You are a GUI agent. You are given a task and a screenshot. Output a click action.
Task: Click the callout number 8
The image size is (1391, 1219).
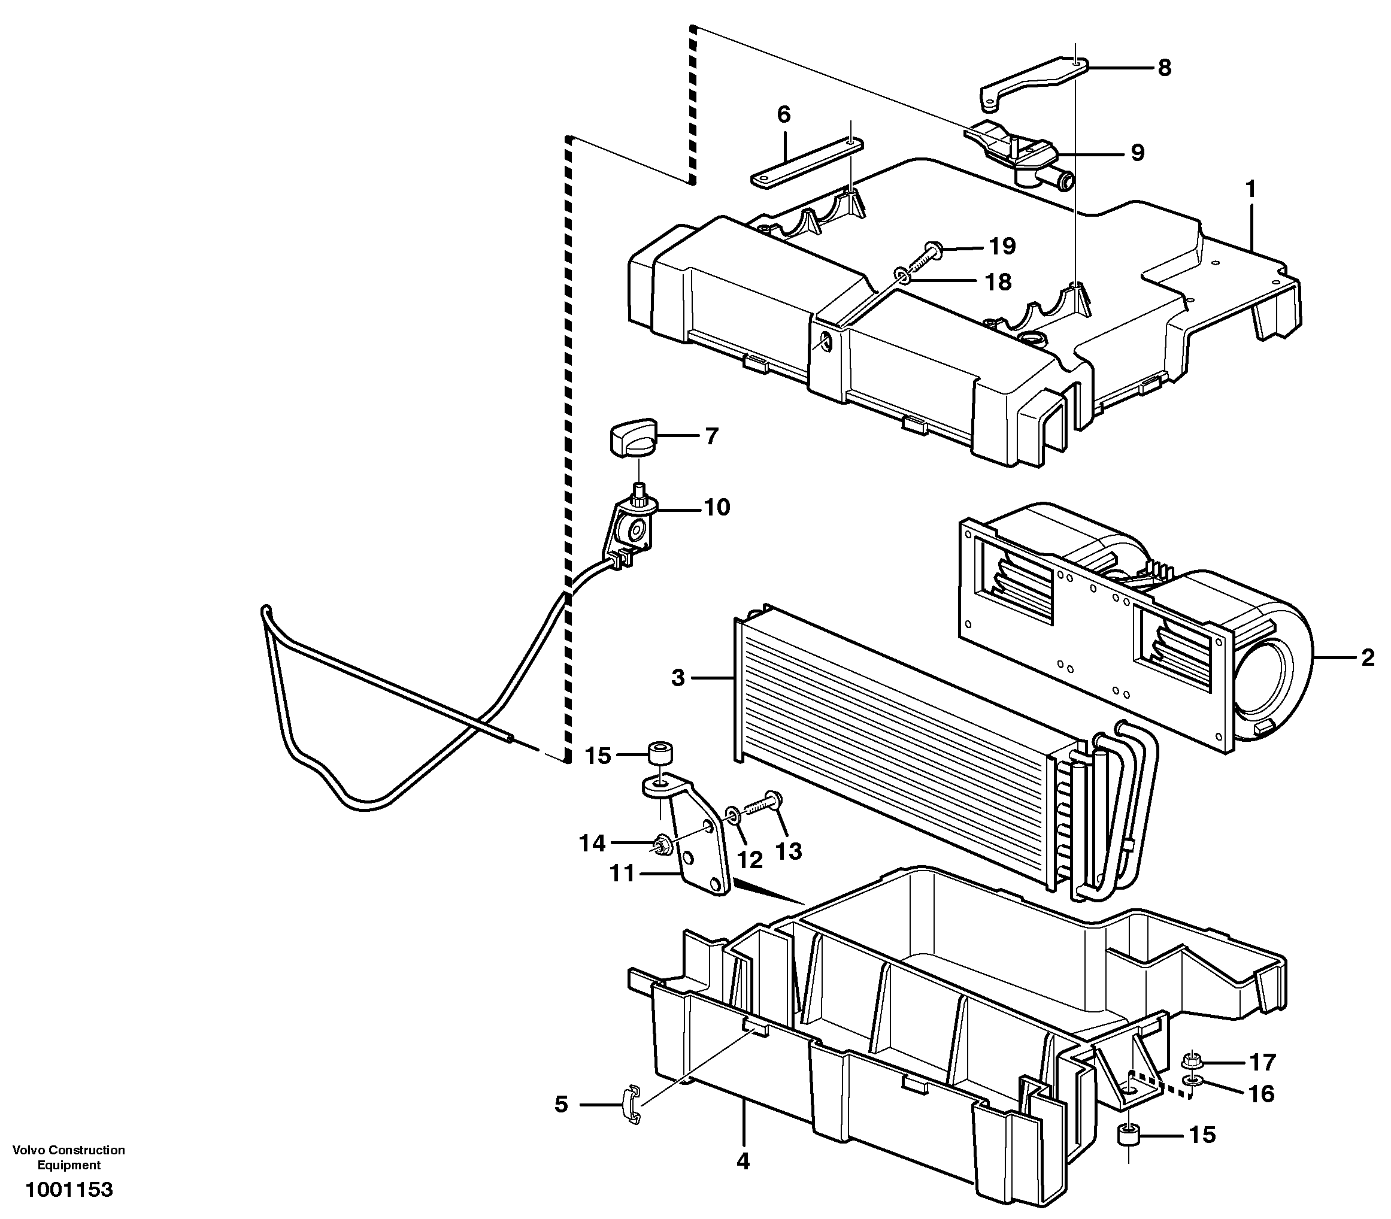(x=1165, y=68)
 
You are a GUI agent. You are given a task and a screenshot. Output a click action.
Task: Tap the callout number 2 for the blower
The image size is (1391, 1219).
(x=1368, y=658)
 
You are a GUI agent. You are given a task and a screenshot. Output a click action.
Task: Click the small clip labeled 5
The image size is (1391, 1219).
(x=632, y=1106)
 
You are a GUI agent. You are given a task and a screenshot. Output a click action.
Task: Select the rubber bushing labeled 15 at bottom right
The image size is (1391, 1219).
(x=1129, y=1135)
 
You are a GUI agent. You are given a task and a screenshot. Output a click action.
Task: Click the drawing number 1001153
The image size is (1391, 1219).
(x=69, y=1190)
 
